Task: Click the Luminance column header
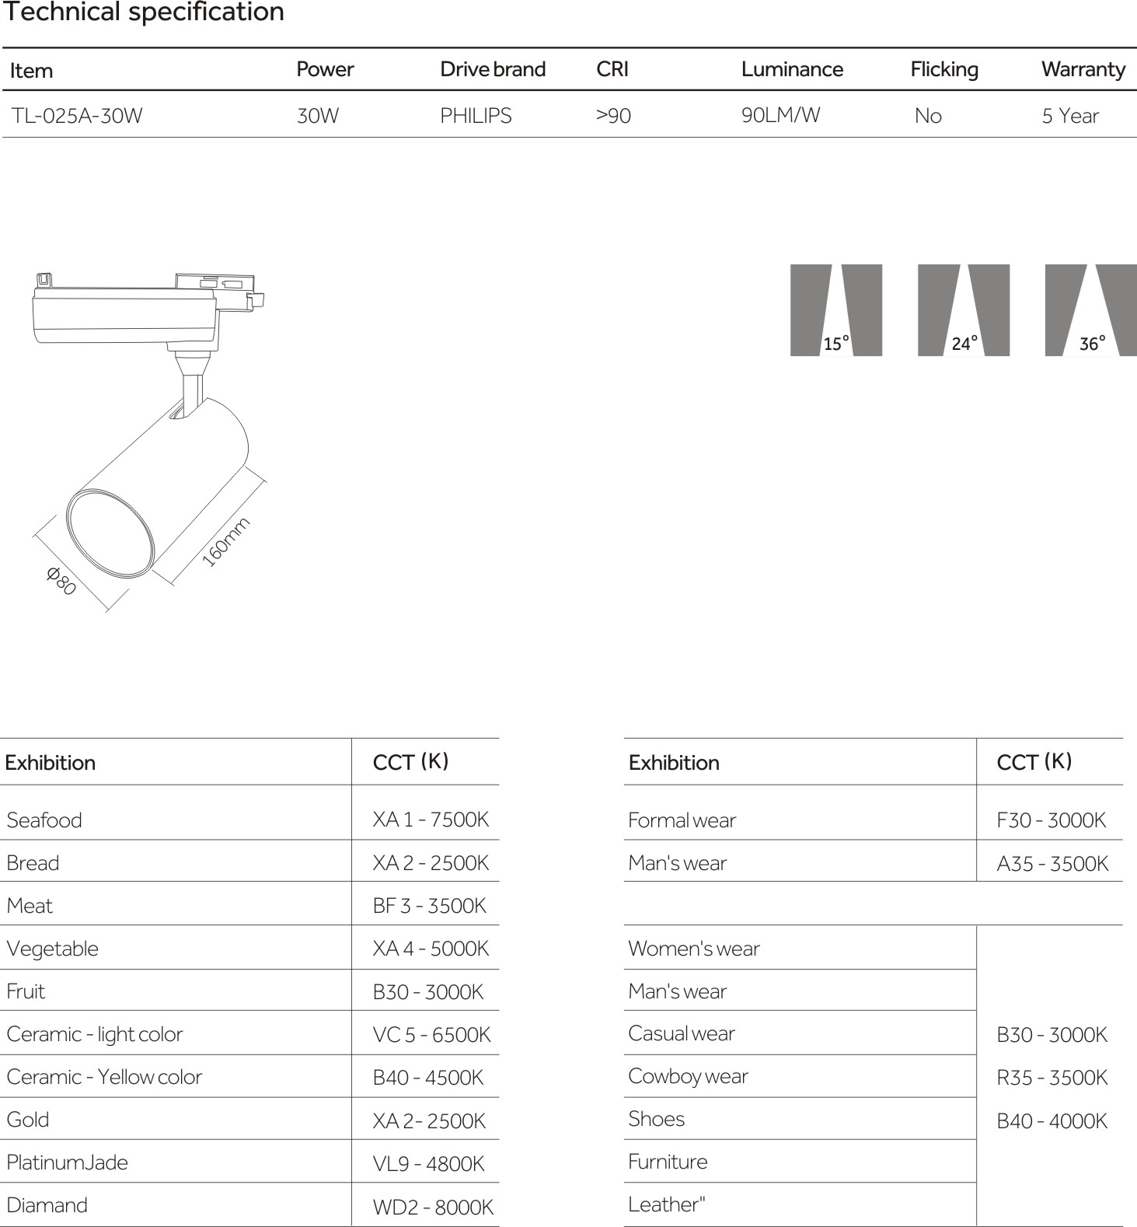791,69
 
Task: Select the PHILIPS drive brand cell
476,116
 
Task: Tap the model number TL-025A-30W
76,116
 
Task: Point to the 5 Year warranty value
1069,116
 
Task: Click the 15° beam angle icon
836,310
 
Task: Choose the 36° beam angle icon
1090,310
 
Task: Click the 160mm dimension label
225,542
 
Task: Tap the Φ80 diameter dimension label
61,581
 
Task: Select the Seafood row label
44,820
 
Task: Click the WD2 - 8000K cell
433,1207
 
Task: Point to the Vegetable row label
53,949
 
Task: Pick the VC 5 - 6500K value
431,1035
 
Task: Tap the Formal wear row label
682,820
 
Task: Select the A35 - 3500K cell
1052,864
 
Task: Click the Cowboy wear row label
688,1076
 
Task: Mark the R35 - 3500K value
1052,1078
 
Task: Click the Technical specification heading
144,12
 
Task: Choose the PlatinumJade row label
67,1162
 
